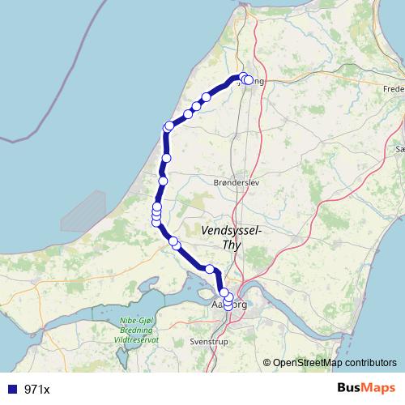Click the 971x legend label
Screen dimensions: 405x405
[37, 390]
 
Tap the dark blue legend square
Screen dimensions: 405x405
[12, 390]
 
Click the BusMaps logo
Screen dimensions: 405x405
[366, 389]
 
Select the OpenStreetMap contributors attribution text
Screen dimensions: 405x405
[334, 364]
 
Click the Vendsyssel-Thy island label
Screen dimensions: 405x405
[231, 237]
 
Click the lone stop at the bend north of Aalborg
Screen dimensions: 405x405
[210, 269]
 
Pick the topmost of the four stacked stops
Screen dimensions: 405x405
[157, 207]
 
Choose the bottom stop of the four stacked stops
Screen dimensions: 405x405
[156, 222]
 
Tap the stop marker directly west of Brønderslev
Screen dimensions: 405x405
[163, 181]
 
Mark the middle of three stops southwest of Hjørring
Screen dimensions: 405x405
[197, 106]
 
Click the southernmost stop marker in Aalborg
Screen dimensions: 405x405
[228, 305]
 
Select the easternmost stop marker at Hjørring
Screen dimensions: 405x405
[249, 80]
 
